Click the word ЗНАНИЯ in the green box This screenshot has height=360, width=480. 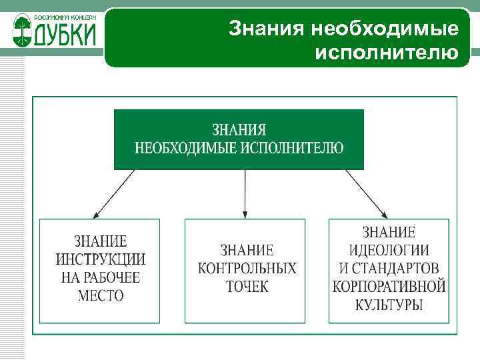tap(239, 129)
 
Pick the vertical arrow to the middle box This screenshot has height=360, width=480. tap(245, 193)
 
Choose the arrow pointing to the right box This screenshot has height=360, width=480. tap(367, 194)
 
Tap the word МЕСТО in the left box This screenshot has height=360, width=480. tap(101, 295)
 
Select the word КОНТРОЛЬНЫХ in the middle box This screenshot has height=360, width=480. tap(247, 268)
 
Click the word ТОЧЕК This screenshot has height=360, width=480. tap(247, 287)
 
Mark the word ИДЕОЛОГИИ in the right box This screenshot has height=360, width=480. tap(389, 251)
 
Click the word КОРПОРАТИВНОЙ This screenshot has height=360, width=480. tap(389, 287)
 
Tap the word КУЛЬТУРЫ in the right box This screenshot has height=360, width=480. tap(389, 305)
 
